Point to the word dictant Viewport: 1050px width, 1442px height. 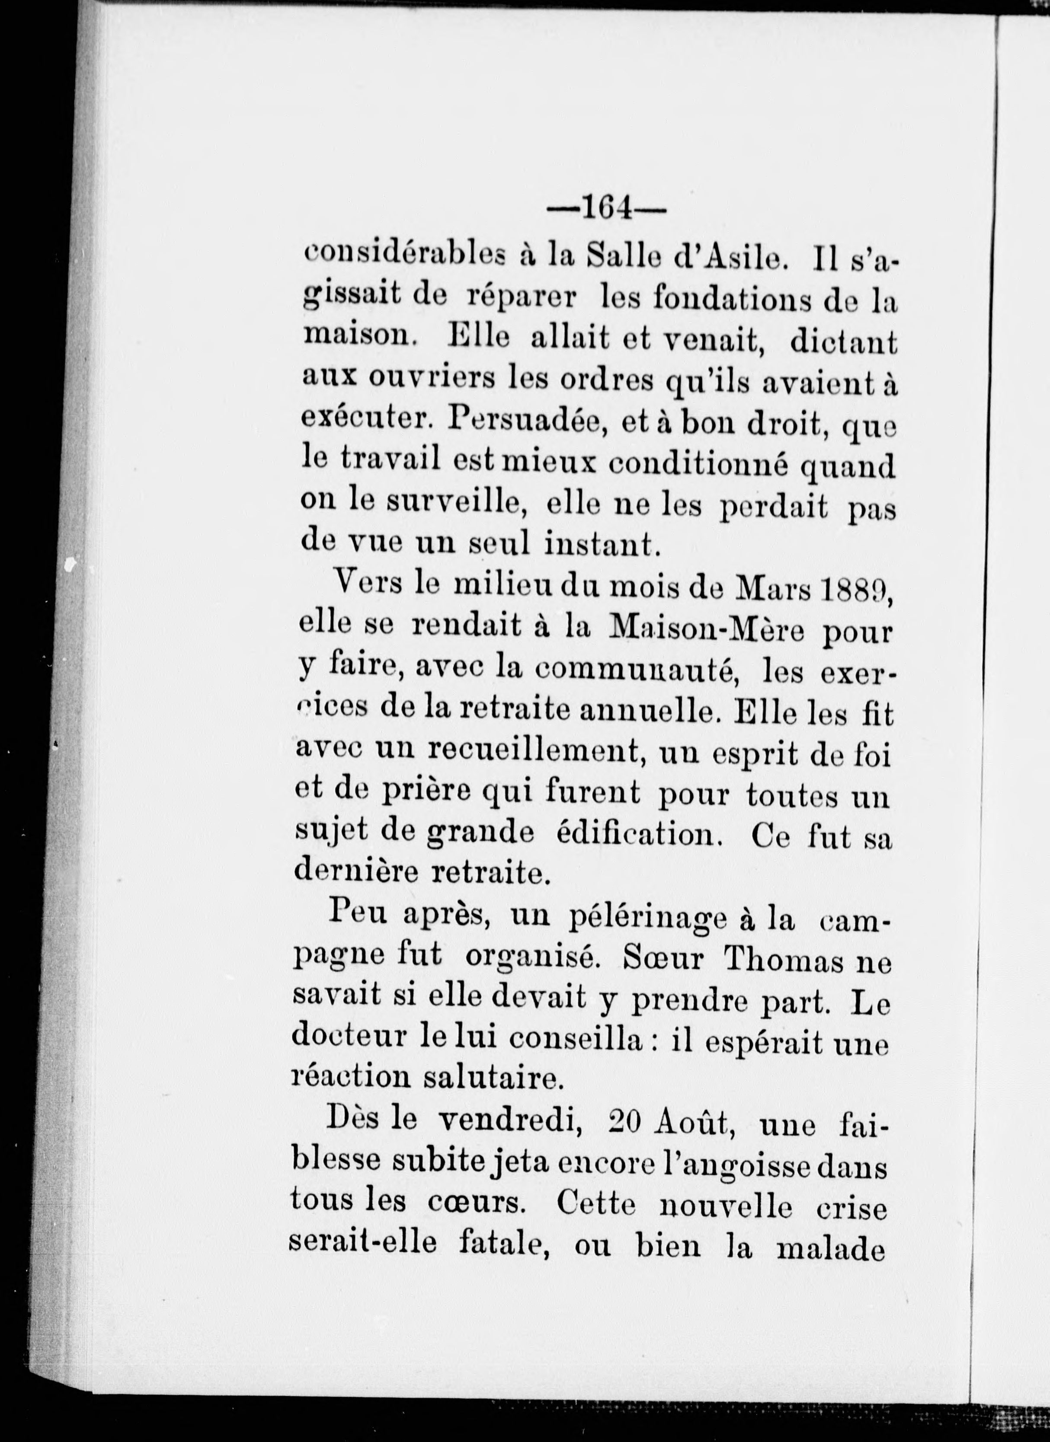coord(843,342)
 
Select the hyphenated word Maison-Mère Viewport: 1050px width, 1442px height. coord(706,630)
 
